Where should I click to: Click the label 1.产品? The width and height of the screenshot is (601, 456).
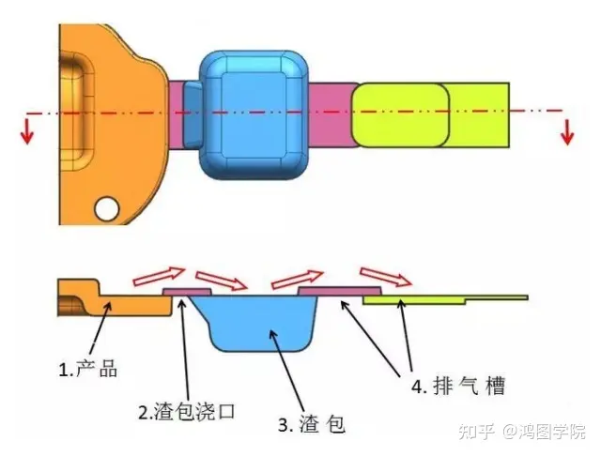click(88, 369)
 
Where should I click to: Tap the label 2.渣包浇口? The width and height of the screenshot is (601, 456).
click(187, 412)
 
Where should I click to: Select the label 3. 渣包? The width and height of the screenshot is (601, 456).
click(312, 424)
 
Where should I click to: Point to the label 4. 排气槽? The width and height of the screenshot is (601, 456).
click(458, 386)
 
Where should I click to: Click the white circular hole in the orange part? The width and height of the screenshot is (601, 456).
click(107, 208)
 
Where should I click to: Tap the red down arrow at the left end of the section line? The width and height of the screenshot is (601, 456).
click(27, 132)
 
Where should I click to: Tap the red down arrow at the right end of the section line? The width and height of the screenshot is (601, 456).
click(567, 132)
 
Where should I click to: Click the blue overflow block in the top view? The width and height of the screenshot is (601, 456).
click(254, 114)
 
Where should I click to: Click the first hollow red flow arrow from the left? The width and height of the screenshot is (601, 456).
click(159, 277)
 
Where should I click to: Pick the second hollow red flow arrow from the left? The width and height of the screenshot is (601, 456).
click(222, 281)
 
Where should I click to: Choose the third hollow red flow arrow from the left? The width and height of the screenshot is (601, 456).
click(297, 279)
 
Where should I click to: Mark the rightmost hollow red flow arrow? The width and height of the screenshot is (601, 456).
click(386, 277)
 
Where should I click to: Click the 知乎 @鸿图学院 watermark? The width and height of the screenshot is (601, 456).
click(522, 432)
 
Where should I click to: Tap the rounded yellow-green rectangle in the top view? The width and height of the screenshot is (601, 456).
click(401, 114)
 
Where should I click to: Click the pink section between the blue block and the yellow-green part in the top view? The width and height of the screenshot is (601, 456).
click(331, 114)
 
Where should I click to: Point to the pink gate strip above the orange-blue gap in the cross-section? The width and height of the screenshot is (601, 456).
click(187, 292)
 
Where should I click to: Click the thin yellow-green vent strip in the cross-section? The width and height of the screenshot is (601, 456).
click(445, 300)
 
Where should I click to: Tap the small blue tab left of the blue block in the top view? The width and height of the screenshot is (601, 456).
click(192, 114)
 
